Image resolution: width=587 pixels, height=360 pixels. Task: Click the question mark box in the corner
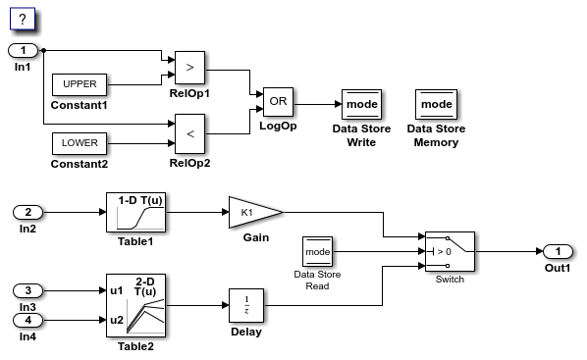pos(22,19)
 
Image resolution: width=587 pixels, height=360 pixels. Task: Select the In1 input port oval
pos(24,50)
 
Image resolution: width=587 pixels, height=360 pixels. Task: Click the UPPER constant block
pos(80,83)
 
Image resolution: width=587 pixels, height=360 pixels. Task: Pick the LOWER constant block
pos(80,144)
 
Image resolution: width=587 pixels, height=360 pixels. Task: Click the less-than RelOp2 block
pos(189,133)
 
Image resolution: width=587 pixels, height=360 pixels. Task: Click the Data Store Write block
pos(360,103)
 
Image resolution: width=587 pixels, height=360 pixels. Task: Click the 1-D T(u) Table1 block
pos(133,211)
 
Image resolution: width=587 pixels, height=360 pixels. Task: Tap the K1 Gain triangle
pos(250,211)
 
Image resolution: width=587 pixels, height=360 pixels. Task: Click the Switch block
pos(449,251)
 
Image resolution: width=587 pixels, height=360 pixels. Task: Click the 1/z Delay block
pos(245,305)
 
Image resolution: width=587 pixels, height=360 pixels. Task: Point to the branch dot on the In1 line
pos(45,50)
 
